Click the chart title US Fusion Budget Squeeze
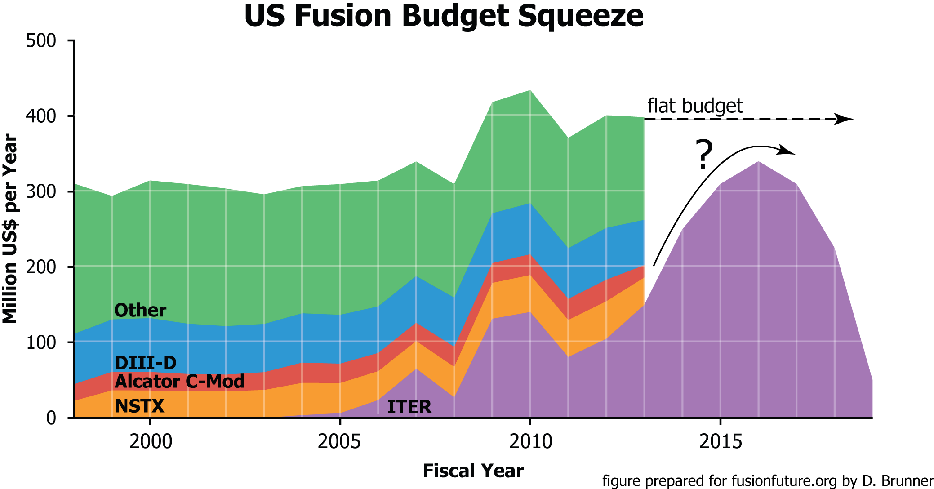click(x=444, y=16)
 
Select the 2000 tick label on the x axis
click(x=151, y=442)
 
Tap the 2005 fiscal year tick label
click(x=339, y=442)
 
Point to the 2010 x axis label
click(x=530, y=442)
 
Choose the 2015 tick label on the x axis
click(x=721, y=442)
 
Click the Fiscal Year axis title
click(x=473, y=471)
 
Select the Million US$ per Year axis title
click(x=10, y=229)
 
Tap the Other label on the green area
click(x=140, y=311)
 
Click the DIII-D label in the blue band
click(x=146, y=363)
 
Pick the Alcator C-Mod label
click(x=179, y=382)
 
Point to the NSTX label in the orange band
click(x=139, y=406)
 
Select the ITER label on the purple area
click(x=409, y=407)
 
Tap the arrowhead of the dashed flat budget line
click(x=845, y=119)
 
